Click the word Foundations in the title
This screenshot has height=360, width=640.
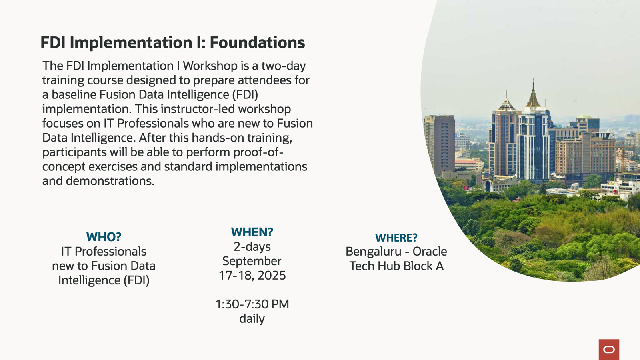click(x=258, y=42)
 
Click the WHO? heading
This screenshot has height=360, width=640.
click(x=104, y=237)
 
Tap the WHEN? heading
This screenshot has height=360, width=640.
click(x=252, y=232)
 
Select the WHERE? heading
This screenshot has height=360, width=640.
click(x=396, y=238)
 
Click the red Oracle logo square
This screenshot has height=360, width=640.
click(x=609, y=350)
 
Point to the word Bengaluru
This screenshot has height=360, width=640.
click(x=374, y=252)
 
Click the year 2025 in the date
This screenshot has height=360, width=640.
click(x=272, y=276)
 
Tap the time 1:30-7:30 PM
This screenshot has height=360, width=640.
click(x=252, y=304)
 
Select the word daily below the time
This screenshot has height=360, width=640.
click(x=252, y=319)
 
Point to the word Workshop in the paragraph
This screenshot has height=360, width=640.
click(x=210, y=66)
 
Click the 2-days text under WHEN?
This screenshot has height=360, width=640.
click(x=252, y=247)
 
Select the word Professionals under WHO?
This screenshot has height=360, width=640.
click(x=110, y=252)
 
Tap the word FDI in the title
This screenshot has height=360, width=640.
click(x=53, y=42)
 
